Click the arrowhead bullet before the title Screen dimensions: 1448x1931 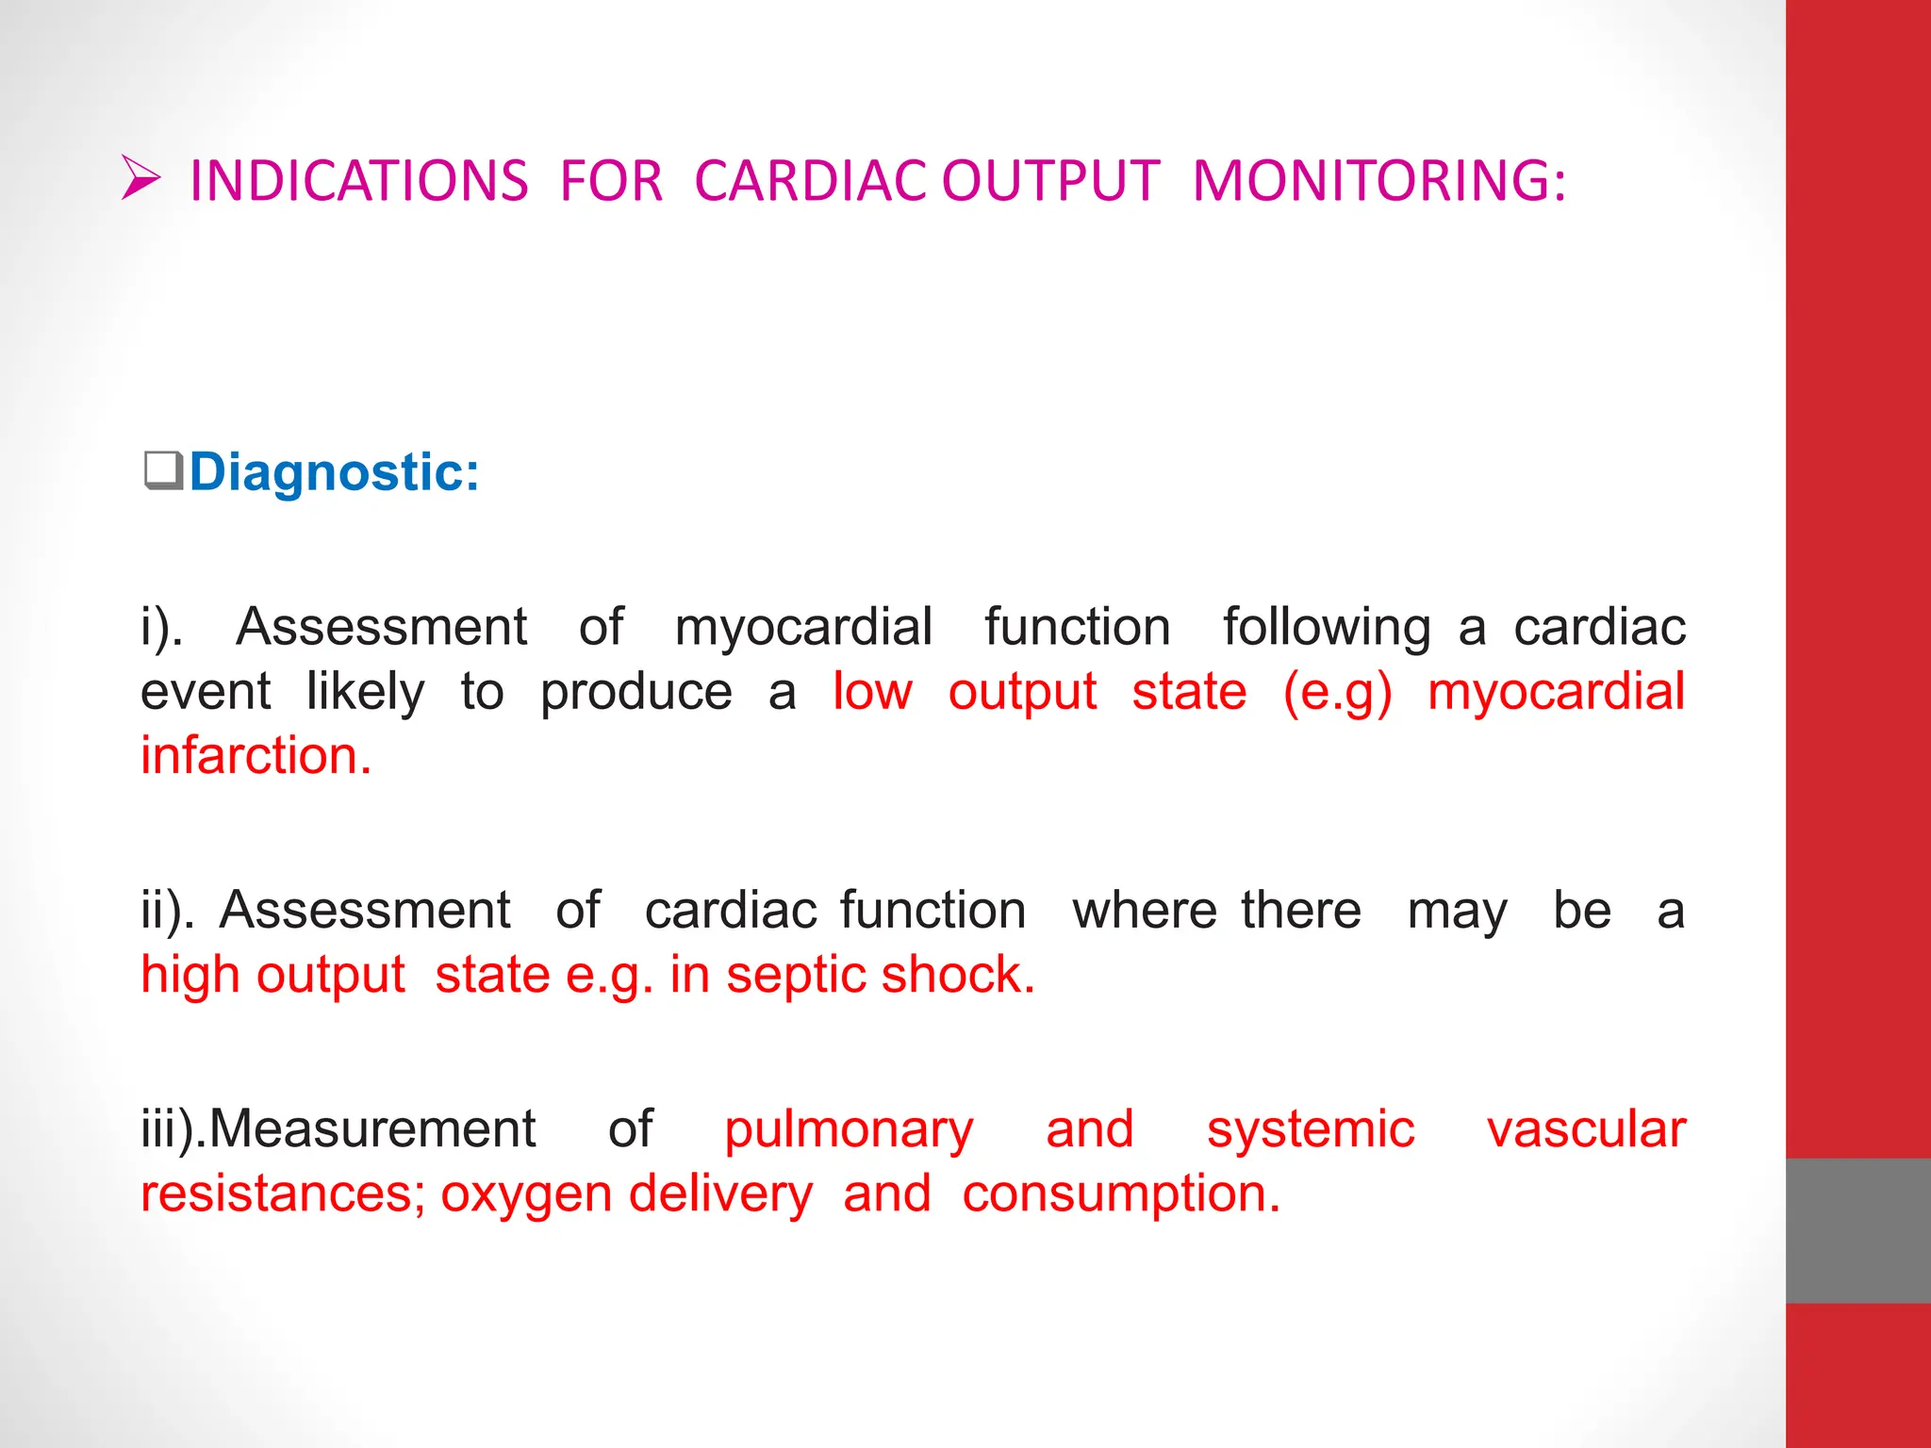point(141,178)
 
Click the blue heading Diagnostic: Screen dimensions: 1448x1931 point(334,471)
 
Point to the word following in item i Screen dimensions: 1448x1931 point(1327,628)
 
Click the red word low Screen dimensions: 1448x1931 point(872,692)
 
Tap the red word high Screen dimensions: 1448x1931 point(190,975)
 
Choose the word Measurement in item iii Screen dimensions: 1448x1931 point(371,1129)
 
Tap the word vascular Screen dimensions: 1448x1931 point(1586,1129)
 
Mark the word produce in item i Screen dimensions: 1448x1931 point(635,694)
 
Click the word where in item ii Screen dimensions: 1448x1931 point(1145,911)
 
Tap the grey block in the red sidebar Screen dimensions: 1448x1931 point(1857,1230)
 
